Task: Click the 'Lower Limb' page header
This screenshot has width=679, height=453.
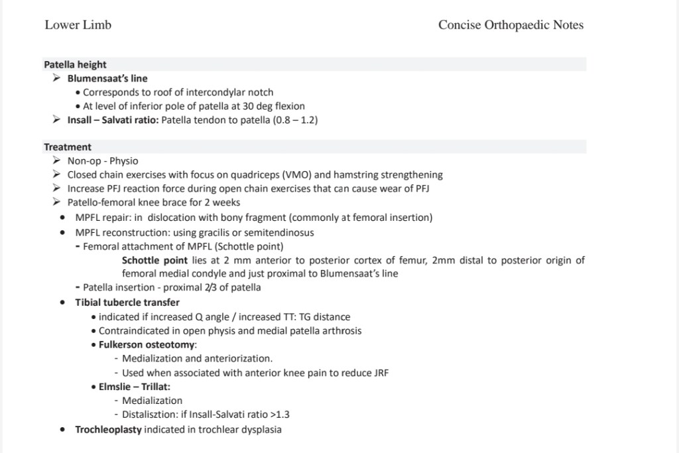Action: [78, 25]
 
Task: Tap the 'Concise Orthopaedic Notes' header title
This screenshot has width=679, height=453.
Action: [511, 25]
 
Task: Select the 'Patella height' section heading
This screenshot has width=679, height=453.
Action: [75, 64]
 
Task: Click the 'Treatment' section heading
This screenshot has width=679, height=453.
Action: [68, 147]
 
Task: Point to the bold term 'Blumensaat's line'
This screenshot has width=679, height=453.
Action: [107, 78]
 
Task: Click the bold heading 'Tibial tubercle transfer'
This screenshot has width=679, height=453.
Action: [127, 302]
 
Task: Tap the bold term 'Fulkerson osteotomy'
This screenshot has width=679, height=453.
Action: [147, 344]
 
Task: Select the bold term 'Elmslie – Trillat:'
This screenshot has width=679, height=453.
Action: [135, 386]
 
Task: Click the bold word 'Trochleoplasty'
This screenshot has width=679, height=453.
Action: [108, 429]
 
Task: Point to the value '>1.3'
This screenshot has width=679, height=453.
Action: [278, 415]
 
